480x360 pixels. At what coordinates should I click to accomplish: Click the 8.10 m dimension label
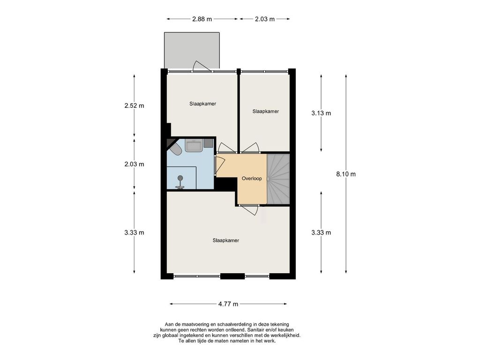coord(346,174)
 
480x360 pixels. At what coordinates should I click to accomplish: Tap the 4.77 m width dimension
coord(228,304)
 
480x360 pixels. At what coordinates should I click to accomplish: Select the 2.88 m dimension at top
coord(202,19)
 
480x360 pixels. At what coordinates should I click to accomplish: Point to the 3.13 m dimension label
coord(321,113)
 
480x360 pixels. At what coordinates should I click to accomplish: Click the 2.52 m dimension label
coord(134,106)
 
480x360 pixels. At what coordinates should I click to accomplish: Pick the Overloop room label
coord(252,179)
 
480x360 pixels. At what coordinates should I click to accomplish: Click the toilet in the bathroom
coord(176,150)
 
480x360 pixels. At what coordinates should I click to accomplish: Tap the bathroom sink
coord(194,145)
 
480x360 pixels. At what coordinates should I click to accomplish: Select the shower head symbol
coord(180,182)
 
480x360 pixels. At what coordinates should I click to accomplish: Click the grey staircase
coord(278,179)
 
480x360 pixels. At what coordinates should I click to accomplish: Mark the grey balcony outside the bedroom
coord(192,50)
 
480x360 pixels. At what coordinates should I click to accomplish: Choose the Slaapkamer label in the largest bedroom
coord(226,240)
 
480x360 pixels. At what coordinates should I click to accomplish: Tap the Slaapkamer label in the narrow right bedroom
coord(266,112)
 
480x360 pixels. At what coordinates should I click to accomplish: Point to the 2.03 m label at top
coord(265,19)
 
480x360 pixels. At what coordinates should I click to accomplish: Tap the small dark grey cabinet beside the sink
coord(209,142)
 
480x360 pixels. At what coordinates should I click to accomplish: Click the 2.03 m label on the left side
coord(134,165)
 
